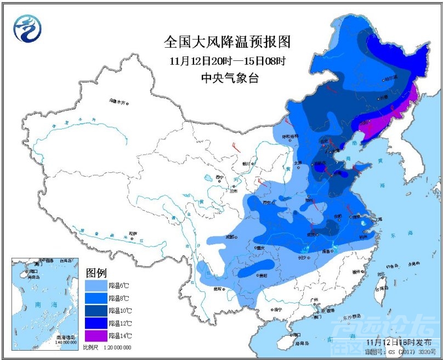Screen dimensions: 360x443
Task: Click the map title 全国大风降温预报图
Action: [226, 41]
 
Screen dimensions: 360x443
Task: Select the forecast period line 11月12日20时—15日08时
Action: [226, 60]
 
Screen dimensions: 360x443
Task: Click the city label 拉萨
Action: [132, 233]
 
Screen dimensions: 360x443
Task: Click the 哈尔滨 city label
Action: [390, 78]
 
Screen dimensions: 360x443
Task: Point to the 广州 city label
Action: [314, 300]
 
